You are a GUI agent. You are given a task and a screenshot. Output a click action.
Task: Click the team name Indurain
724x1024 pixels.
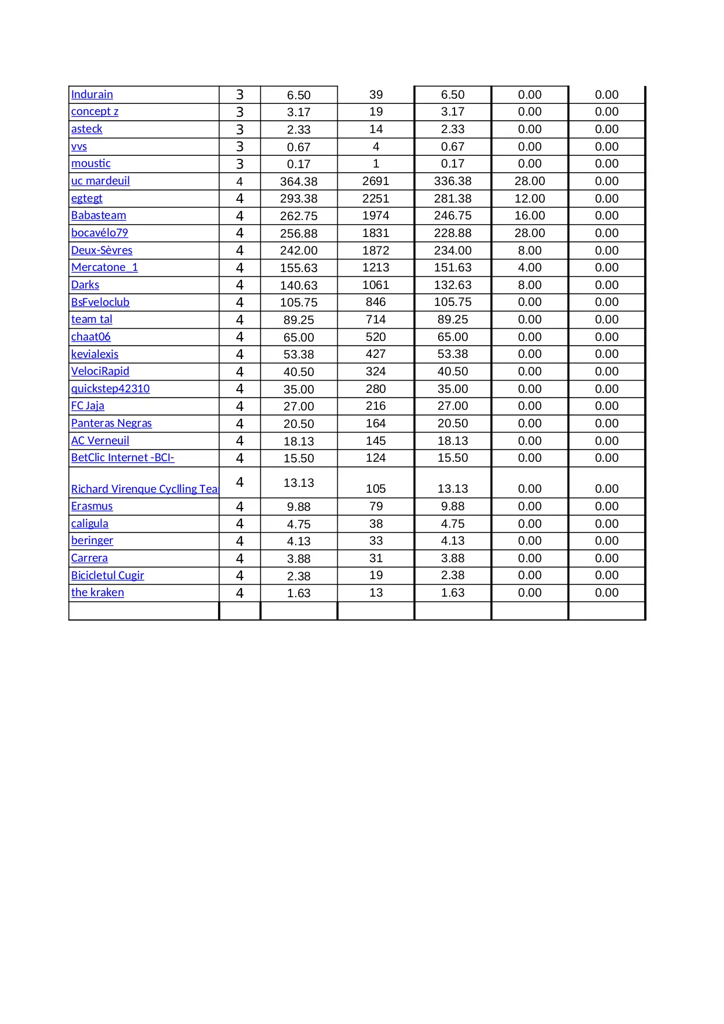click(x=92, y=95)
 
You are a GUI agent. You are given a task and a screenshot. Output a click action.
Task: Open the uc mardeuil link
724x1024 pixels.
click(x=100, y=181)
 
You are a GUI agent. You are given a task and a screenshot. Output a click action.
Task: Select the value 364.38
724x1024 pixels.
click(x=299, y=182)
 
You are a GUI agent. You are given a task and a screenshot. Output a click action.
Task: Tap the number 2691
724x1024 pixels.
click(x=376, y=181)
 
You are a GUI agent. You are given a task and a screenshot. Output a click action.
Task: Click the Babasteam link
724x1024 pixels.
click(x=99, y=215)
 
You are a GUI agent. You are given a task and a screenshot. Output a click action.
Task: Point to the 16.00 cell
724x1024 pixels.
click(x=530, y=215)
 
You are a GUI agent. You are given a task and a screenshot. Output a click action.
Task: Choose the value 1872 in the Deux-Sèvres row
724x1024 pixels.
click(x=376, y=250)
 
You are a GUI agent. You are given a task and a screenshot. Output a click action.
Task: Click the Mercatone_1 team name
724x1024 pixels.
click(x=104, y=267)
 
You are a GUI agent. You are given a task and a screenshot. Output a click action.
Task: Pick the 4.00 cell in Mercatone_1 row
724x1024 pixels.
click(x=530, y=267)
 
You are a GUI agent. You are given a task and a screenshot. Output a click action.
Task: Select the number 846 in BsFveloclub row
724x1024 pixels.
click(x=376, y=302)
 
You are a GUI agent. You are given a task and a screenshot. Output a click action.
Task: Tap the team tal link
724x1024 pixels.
click(x=92, y=319)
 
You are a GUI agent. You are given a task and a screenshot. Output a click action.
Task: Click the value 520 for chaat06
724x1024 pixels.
click(x=376, y=337)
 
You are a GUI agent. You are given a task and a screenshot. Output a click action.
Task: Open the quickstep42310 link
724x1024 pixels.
click(x=110, y=389)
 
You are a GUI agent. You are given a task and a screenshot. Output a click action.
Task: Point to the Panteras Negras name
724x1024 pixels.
click(x=111, y=423)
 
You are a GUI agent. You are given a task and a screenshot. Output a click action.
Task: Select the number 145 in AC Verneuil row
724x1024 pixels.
click(x=376, y=441)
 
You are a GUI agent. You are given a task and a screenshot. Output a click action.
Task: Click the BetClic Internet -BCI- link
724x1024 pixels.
click(x=123, y=458)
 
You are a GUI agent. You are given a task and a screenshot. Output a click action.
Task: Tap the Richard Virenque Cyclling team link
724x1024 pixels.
click(x=144, y=489)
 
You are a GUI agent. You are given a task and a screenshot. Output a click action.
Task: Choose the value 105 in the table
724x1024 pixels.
click(x=376, y=489)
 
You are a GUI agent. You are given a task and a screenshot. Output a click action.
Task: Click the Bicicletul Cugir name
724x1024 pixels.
click(x=107, y=576)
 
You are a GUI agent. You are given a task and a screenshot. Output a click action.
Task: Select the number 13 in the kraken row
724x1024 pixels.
click(x=376, y=593)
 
